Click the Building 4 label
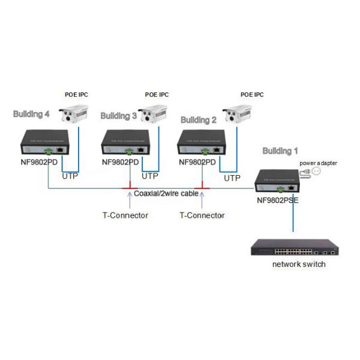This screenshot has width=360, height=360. click(x=31, y=114)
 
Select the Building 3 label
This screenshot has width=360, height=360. click(x=118, y=116)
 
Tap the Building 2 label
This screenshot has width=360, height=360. click(x=198, y=120)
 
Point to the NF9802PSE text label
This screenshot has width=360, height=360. click(x=277, y=202)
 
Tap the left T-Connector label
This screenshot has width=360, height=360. click(x=125, y=215)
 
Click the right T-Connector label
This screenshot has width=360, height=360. click(x=202, y=215)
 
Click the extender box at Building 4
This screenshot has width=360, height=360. click(x=45, y=142)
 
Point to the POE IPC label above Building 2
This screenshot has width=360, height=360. click(x=252, y=95)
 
